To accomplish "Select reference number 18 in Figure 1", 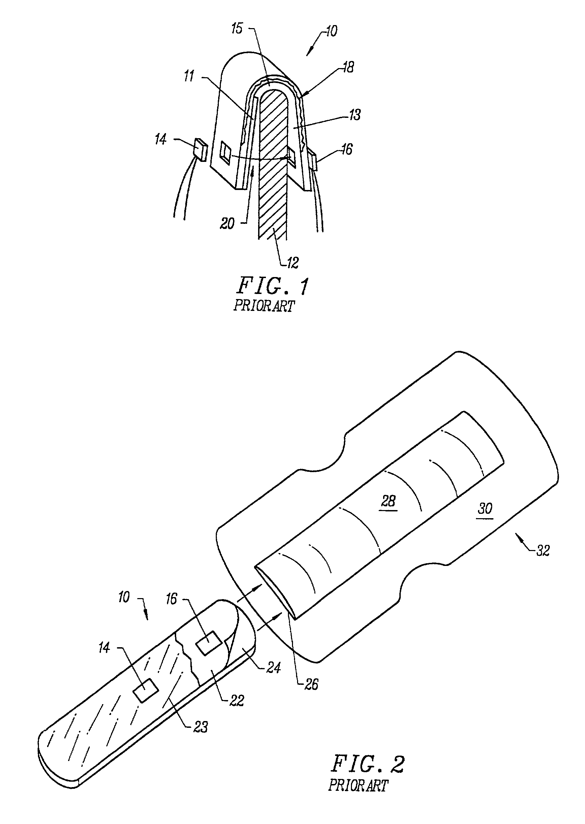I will coord(348,67).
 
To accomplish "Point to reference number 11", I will coord(189,76).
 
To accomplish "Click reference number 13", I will coord(354,115).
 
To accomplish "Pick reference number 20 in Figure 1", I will coord(227,224).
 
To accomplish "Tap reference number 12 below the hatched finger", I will coord(293,262).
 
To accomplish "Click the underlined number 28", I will coord(388,501).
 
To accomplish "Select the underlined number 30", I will coord(485,508).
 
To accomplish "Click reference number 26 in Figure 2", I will coord(311,684).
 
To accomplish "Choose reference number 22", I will coord(236,700).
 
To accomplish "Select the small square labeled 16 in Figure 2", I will coord(209,643).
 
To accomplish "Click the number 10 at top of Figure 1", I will coord(331,32).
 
